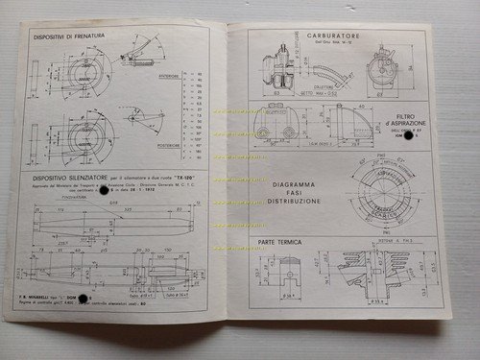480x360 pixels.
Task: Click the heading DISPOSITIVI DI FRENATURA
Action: (74, 36)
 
